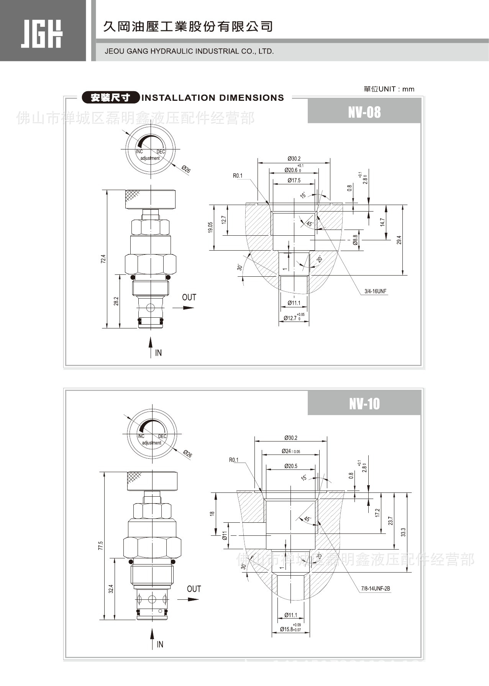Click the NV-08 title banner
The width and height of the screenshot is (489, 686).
364,112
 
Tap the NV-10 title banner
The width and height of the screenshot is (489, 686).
364,404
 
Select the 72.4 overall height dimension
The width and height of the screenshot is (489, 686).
103,259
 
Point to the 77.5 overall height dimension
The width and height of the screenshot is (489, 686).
100,546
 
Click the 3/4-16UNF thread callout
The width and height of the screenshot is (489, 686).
376,291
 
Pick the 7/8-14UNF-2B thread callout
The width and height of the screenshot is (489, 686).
375,589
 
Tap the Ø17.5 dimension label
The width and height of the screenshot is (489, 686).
294,181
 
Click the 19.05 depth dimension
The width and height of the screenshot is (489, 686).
210,227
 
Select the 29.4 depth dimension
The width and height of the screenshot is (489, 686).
399,240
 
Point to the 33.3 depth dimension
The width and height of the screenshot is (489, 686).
403,532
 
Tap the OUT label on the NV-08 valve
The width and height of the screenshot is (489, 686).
189,297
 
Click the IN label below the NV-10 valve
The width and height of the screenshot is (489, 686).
160,644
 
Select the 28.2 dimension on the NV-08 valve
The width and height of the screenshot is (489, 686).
116,301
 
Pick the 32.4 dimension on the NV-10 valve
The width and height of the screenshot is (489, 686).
111,589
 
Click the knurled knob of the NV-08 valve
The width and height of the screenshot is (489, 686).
150,199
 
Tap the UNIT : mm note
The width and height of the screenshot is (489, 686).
389,89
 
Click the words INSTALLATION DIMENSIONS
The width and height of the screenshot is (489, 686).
213,98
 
